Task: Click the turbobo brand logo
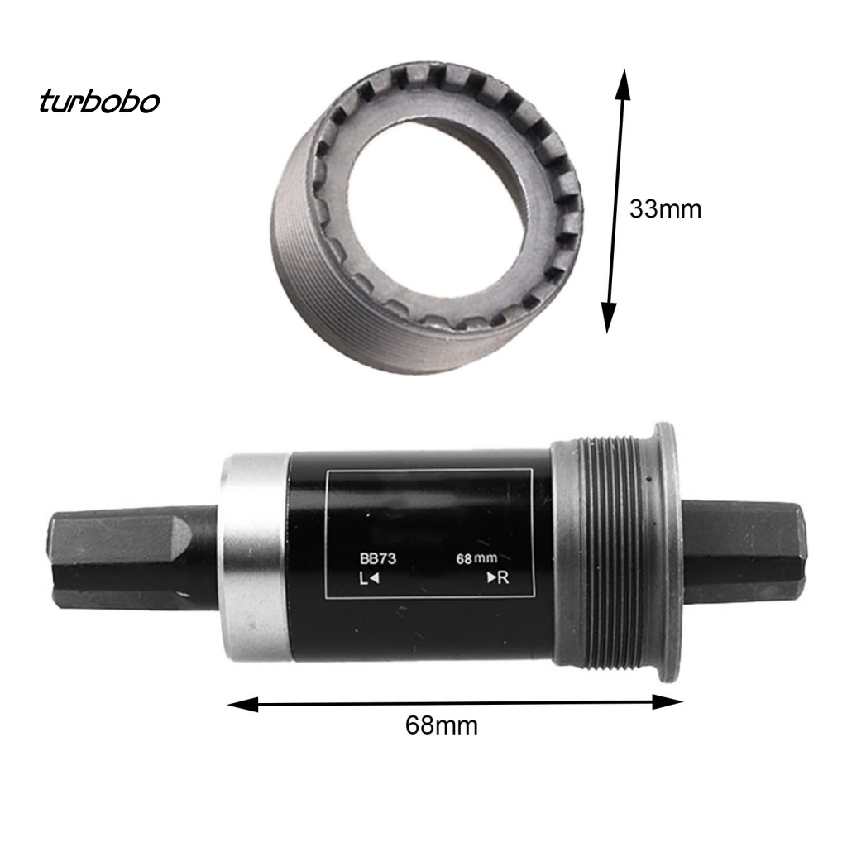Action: pos(98,102)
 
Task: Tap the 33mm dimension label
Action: pos(664,209)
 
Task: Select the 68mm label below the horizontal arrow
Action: pos(442,725)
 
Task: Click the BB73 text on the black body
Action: pos(378,558)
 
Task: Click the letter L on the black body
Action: pos(363,579)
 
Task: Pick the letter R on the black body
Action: pos(503,578)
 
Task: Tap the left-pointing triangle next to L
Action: pos(375,579)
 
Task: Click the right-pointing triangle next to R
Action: pos(490,578)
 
